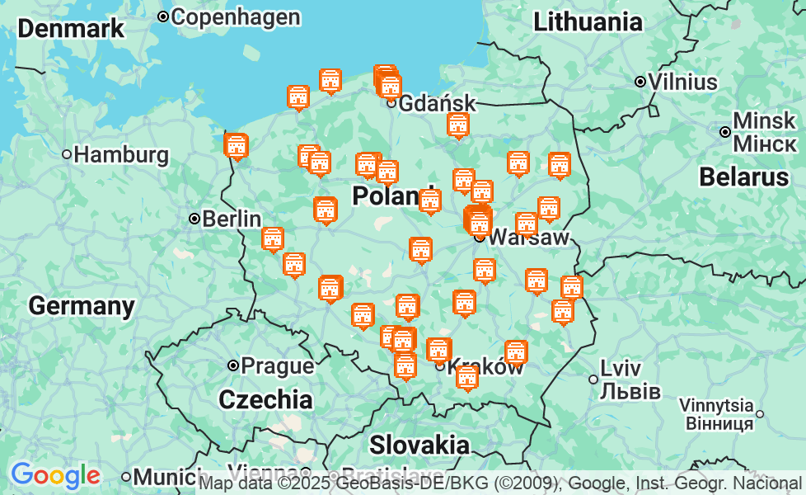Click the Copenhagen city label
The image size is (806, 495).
pyautogui.click(x=235, y=16)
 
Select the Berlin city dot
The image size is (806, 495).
pyautogui.click(x=194, y=219)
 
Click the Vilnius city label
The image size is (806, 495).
pyautogui.click(x=682, y=82)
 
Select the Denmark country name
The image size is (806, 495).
pyautogui.click(x=71, y=28)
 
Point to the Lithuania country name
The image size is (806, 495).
pyautogui.click(x=588, y=22)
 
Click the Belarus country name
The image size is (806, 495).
pyautogui.click(x=744, y=177)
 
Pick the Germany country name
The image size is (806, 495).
pyautogui.click(x=82, y=306)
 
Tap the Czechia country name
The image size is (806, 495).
pyautogui.click(x=265, y=400)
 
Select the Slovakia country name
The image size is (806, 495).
pyautogui.click(x=419, y=445)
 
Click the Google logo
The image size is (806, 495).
pyautogui.click(x=55, y=475)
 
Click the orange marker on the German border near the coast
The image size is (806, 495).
pyautogui.click(x=237, y=146)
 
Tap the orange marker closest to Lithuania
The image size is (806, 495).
pyautogui.click(x=560, y=165)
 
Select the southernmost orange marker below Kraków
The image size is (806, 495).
pyautogui.click(x=467, y=378)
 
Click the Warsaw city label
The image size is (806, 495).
pyautogui.click(x=528, y=238)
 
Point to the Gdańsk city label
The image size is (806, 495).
pyautogui.click(x=437, y=103)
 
